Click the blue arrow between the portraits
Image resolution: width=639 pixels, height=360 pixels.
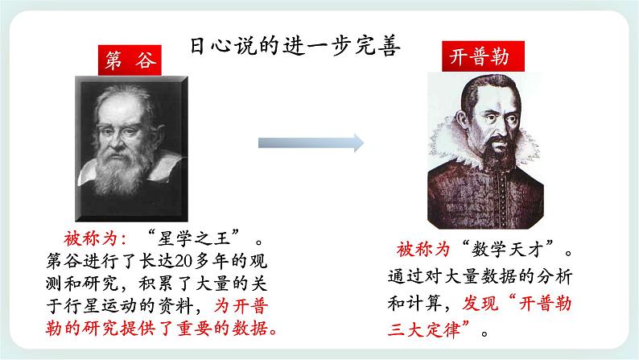310,143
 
